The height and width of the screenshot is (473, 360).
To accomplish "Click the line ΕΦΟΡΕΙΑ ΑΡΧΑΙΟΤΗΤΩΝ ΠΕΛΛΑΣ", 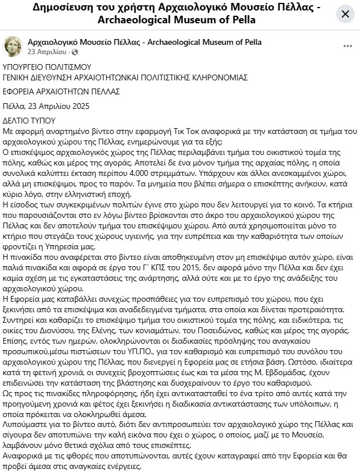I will tap(61, 91).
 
